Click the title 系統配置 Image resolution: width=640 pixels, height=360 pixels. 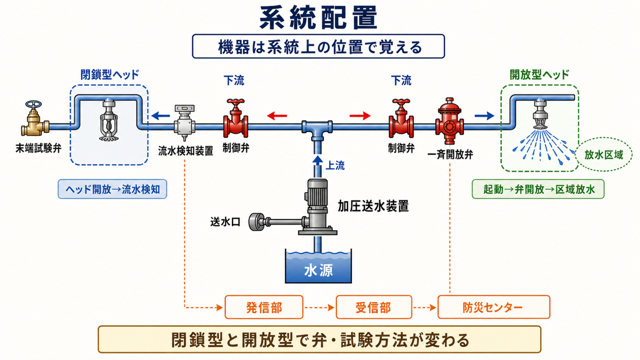[x=318, y=18]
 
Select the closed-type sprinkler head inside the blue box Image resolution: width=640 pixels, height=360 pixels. [x=108, y=120]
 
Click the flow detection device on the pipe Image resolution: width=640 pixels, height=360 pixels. [x=185, y=122]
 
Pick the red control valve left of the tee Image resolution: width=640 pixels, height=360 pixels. [x=235, y=118]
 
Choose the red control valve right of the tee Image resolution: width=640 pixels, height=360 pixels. [x=401, y=118]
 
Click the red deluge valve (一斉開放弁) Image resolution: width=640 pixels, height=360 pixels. [x=449, y=121]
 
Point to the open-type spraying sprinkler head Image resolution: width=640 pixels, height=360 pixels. [x=540, y=114]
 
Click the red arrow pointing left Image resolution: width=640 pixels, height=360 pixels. [x=277, y=115]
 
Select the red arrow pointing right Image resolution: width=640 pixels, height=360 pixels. [x=360, y=115]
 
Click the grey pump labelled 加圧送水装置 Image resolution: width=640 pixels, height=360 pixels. [x=317, y=207]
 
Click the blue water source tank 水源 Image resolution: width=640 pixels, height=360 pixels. [x=318, y=266]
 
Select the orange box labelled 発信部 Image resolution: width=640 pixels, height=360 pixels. [x=263, y=307]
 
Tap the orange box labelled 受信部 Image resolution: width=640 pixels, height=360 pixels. [x=373, y=307]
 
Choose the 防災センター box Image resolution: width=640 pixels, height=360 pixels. [x=493, y=307]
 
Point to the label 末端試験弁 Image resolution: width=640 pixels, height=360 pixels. [x=38, y=148]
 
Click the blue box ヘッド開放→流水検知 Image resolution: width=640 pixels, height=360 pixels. [x=112, y=189]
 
